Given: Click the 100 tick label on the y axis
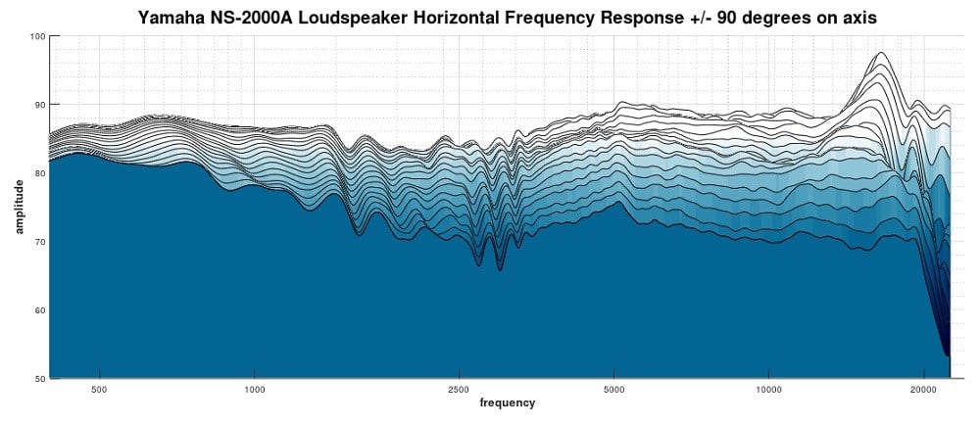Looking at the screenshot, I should click(37, 36).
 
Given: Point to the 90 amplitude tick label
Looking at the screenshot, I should click(39, 105).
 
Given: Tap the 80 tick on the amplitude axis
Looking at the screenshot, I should click(39, 173).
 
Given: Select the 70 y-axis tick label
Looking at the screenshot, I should click(39, 242).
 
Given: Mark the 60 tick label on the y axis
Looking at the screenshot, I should click(39, 310).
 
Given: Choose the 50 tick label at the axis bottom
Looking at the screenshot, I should click(39, 378).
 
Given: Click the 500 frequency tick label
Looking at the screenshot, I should click(99, 389).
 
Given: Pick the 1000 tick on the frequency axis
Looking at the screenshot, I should click(254, 389).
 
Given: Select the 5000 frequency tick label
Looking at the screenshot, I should click(613, 389).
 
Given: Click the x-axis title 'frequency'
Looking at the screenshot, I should click(507, 402).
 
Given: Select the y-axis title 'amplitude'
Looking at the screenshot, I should click(19, 207).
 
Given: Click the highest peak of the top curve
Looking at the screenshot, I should click(881, 53).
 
